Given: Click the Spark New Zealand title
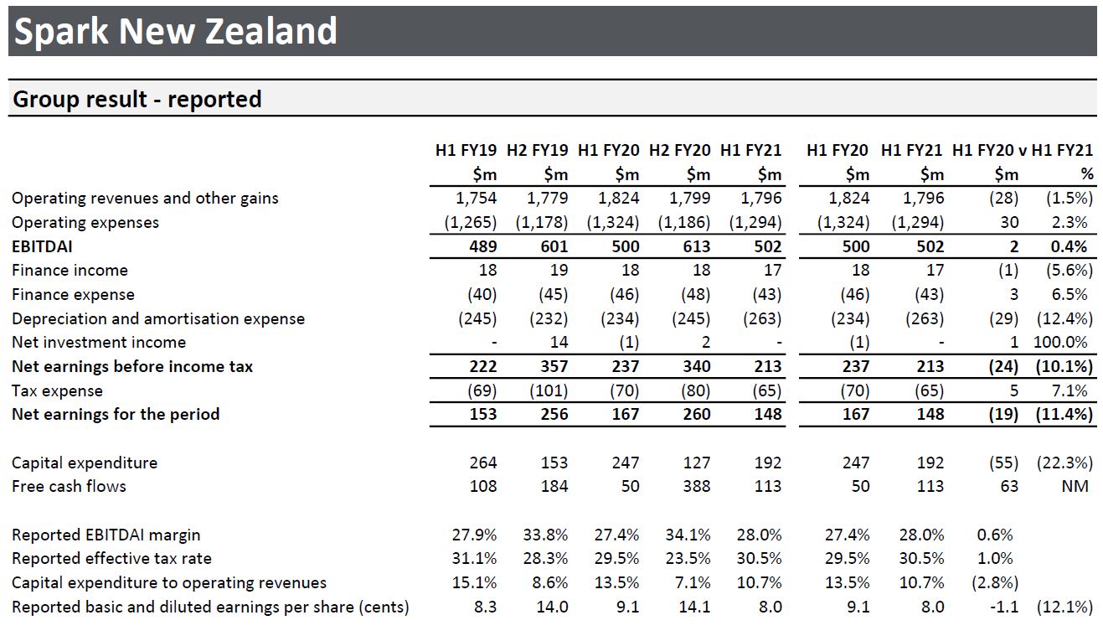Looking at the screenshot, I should [176, 32].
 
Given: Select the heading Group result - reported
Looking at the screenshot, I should [137, 100].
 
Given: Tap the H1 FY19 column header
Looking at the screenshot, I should [466, 151].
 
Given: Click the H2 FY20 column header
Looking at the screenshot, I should [679, 151].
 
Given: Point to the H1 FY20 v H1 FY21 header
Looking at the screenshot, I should [1023, 151].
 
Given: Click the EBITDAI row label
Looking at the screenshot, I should [43, 246].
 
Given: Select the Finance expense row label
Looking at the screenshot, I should [73, 294].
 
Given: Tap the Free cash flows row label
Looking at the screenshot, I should [69, 486].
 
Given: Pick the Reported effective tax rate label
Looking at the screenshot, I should [111, 558].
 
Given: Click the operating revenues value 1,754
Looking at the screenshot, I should [477, 199].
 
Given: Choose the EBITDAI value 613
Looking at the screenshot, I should [696, 246].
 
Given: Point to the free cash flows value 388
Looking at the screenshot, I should [696, 486].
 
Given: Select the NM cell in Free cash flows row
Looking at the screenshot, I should [1075, 486].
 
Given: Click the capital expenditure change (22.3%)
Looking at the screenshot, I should [1064, 463].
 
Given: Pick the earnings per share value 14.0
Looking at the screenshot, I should [552, 607].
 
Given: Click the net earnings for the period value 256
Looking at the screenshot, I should [554, 414].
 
